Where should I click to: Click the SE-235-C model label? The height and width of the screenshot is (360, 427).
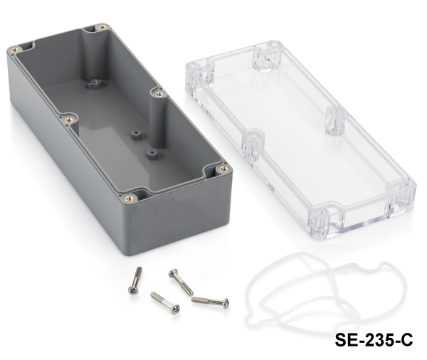tap(374, 340)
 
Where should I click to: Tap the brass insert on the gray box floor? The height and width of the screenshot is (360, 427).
tap(95, 82)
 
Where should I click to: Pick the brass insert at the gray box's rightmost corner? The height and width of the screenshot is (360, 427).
tap(223, 169)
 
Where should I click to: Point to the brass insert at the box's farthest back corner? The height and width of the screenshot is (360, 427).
tap(102, 27)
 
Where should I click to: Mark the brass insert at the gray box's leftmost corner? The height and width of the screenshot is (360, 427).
tap(15, 50)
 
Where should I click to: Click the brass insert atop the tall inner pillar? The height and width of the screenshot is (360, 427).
tap(159, 94)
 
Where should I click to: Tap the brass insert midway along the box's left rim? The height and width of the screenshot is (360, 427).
tap(69, 120)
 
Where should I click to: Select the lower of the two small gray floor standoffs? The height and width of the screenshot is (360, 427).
tap(152, 154)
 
